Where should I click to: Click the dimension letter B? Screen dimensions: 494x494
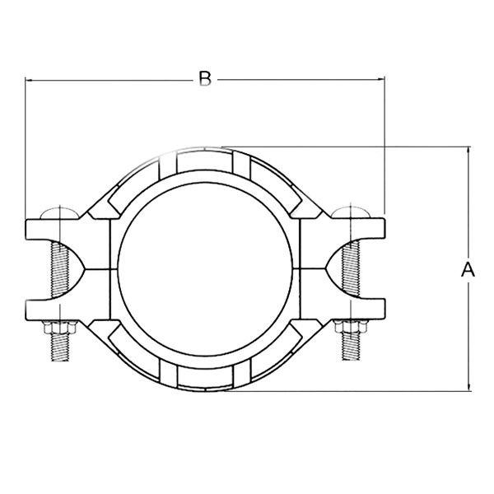(x=205, y=79)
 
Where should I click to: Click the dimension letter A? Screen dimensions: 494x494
(x=468, y=269)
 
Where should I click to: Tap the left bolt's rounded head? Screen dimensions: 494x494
(x=59, y=213)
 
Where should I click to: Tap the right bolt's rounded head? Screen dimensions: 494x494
(x=351, y=213)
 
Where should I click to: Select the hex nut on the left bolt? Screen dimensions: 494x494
(x=59, y=327)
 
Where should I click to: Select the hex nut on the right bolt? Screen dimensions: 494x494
(x=351, y=327)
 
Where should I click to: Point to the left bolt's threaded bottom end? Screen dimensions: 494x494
(x=59, y=347)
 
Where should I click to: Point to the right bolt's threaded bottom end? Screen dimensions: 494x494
(x=351, y=347)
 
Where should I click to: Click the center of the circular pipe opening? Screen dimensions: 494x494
(x=205, y=269)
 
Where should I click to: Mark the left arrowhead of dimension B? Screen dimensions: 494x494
(x=29, y=81)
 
